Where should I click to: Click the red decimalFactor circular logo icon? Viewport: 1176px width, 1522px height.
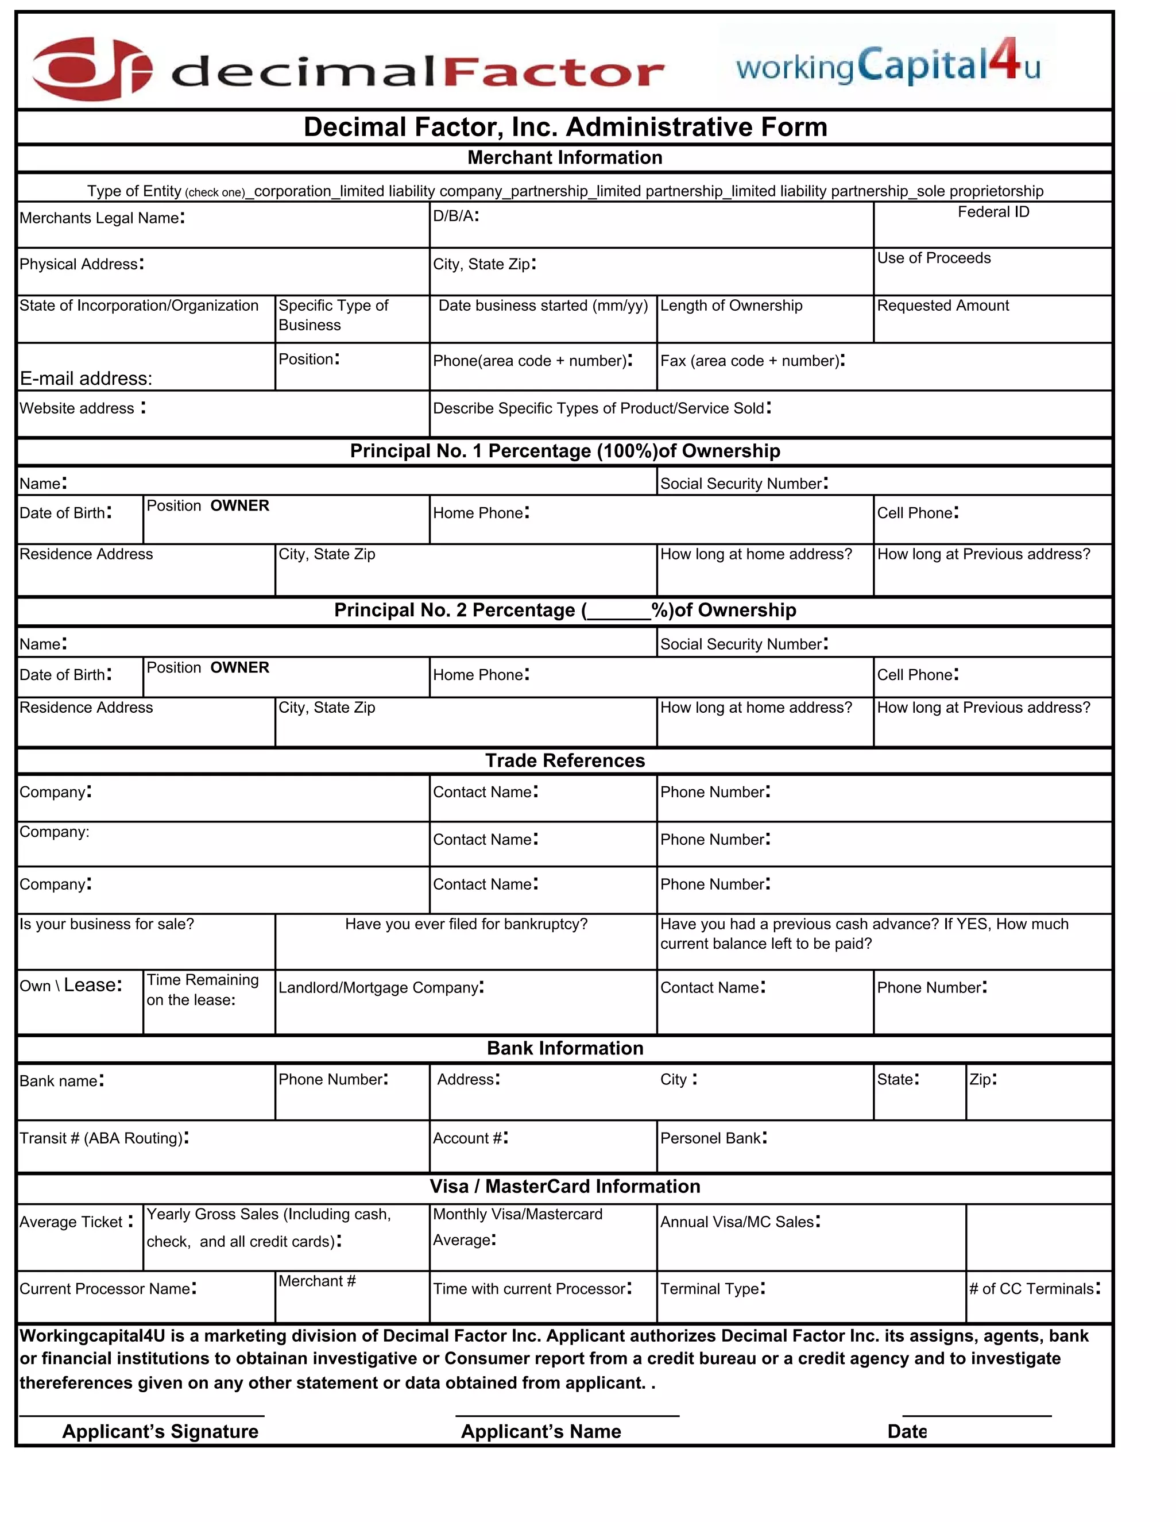(x=91, y=69)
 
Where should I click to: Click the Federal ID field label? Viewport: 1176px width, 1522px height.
(x=993, y=212)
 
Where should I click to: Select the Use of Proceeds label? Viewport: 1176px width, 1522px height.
(x=933, y=258)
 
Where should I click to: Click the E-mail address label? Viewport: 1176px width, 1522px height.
(x=86, y=378)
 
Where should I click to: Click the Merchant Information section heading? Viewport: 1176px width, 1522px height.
(x=564, y=157)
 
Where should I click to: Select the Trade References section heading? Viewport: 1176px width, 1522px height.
(x=564, y=760)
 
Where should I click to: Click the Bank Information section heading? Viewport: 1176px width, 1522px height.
(x=564, y=1048)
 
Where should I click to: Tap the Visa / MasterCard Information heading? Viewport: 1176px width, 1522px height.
(x=564, y=1186)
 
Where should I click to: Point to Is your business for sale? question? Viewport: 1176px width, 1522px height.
(x=107, y=924)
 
